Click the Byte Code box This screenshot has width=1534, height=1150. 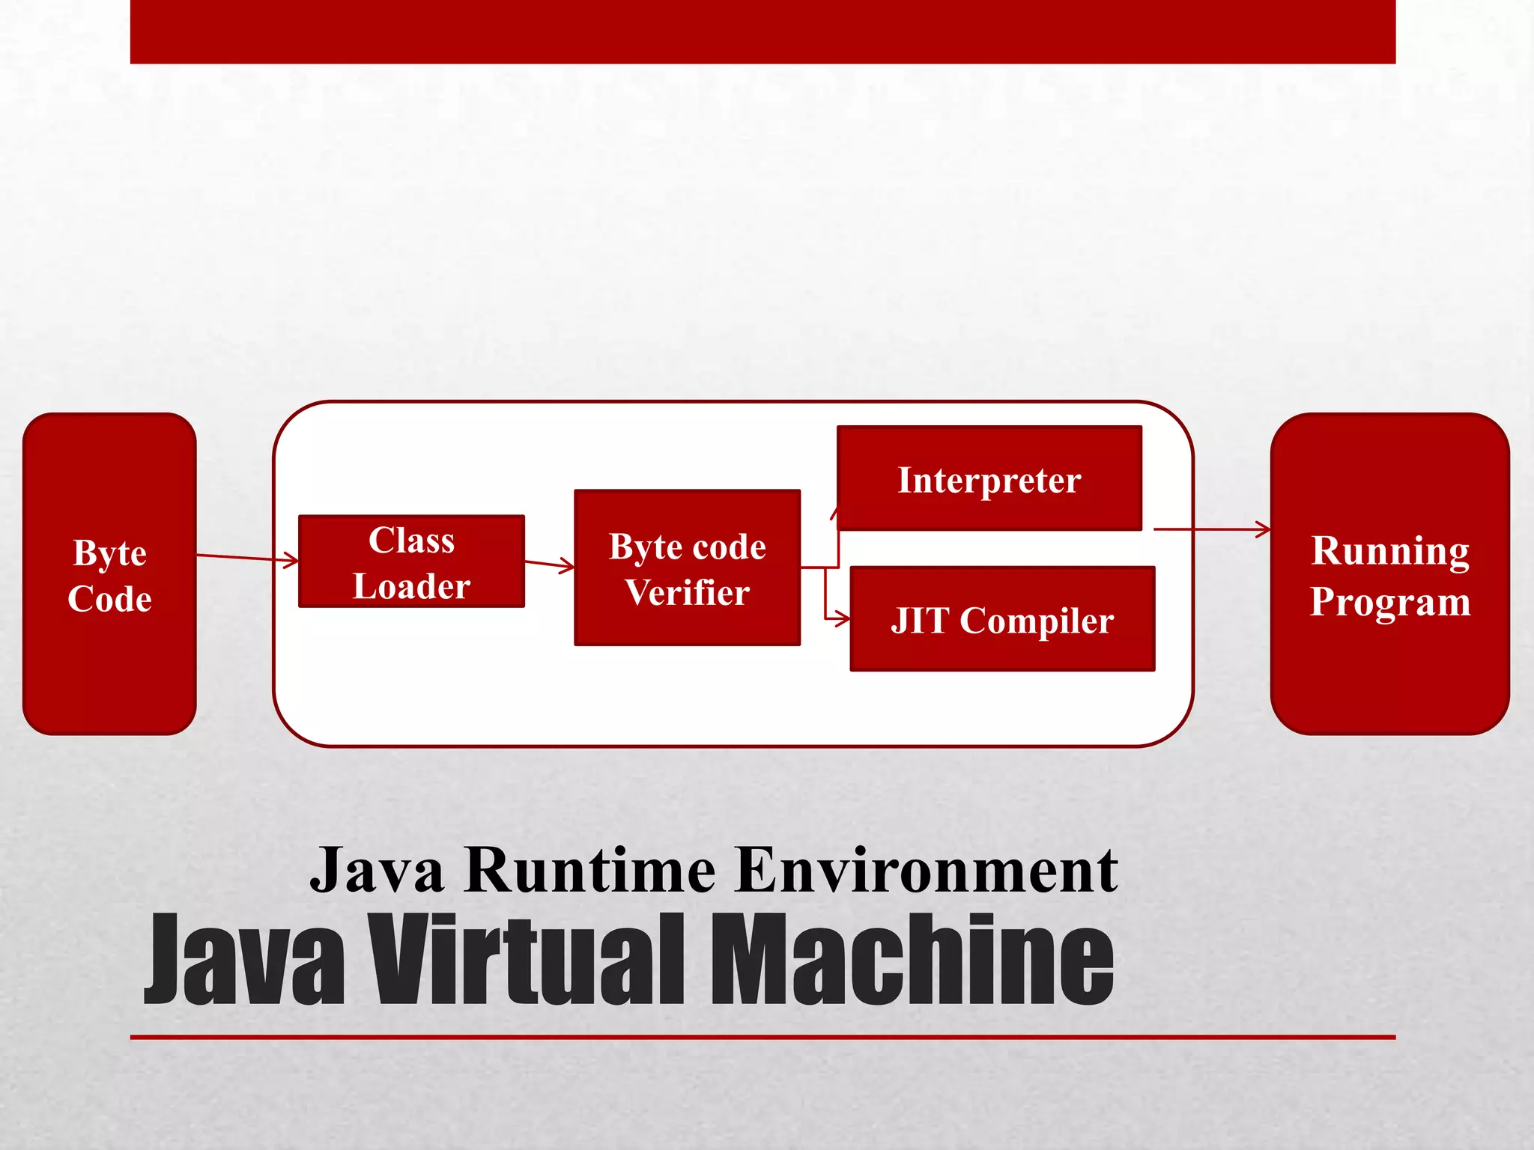[x=109, y=574]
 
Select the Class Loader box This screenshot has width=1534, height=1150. [x=411, y=562]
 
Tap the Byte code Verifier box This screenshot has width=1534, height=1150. [x=687, y=568]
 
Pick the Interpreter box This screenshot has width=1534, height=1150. [x=989, y=479]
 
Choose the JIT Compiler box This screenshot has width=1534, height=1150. [x=1002, y=619]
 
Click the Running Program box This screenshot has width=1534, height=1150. [x=1389, y=574]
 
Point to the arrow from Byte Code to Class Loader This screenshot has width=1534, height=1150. [x=247, y=558]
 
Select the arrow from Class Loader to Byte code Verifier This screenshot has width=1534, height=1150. [x=549, y=565]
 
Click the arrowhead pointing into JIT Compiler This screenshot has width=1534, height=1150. [x=842, y=618]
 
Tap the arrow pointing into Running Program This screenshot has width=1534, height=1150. [x=1213, y=529]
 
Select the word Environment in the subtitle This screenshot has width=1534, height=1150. [x=926, y=870]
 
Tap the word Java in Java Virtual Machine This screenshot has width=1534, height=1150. [x=245, y=961]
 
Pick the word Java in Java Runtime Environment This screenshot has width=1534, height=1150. [x=377, y=870]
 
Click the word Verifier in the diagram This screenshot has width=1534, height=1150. [x=687, y=592]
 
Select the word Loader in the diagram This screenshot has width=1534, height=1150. [x=411, y=586]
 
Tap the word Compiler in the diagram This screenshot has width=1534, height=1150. [x=1037, y=621]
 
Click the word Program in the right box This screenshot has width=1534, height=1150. [x=1389, y=601]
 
